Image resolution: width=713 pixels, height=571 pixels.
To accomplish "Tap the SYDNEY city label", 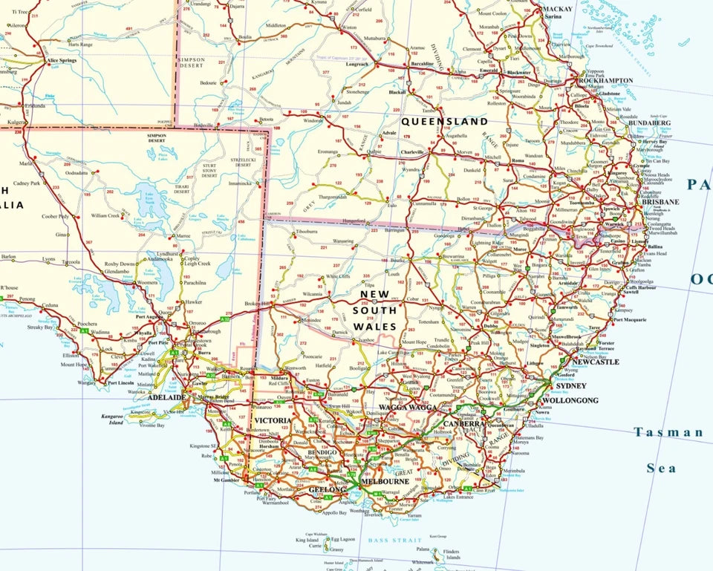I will tap(570, 386).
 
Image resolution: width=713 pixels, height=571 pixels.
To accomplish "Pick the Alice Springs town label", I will tap(62, 60).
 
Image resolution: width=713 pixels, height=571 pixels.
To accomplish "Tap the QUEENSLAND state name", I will tap(444, 121).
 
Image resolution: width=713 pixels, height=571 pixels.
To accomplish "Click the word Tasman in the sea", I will tap(668, 431).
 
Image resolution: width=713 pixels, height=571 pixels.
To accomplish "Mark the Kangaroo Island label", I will tap(112, 420).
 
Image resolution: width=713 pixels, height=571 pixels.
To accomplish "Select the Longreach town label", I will tap(356, 65).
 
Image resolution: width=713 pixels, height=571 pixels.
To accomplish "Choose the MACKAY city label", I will tap(558, 9).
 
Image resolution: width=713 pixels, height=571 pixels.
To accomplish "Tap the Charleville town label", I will tap(412, 151).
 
